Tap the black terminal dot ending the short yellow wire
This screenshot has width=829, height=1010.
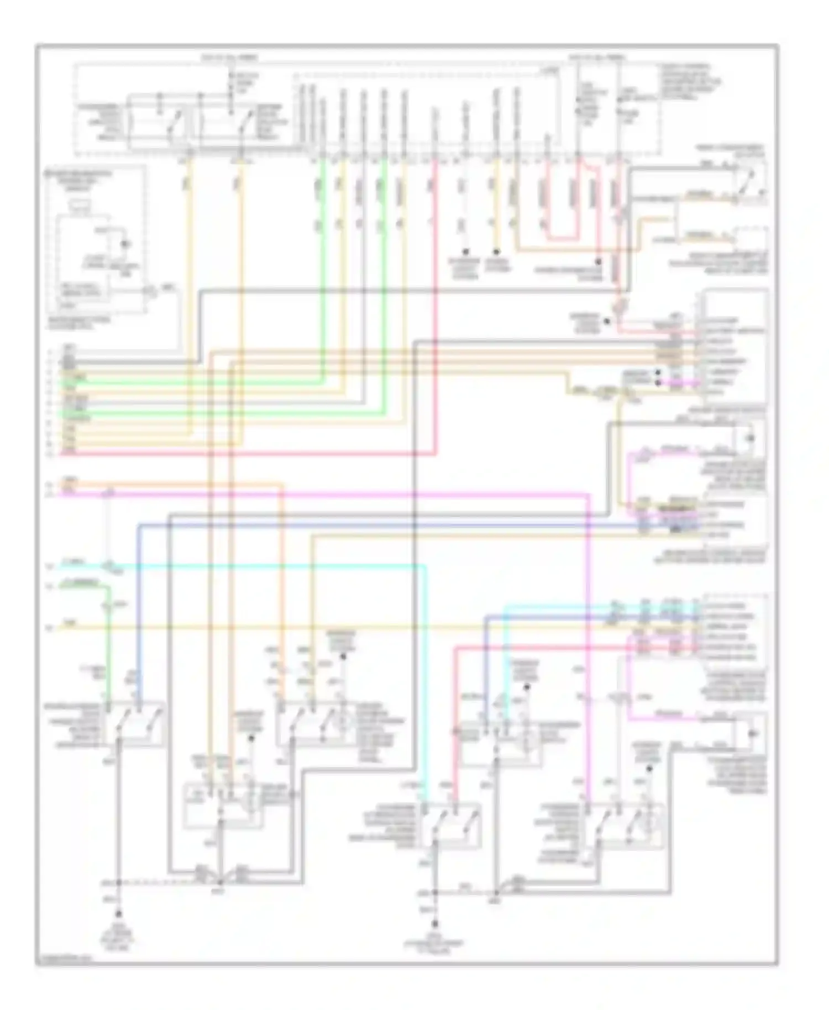pyautogui.click(x=496, y=251)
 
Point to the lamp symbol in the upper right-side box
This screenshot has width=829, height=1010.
pyautogui.click(x=750, y=439)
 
